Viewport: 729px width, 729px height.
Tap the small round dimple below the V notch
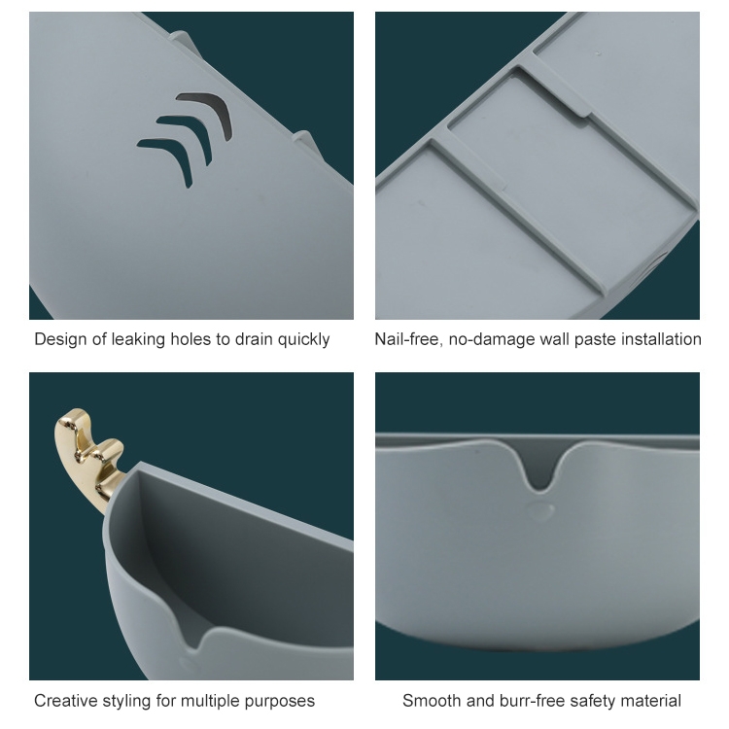pos(540,511)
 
